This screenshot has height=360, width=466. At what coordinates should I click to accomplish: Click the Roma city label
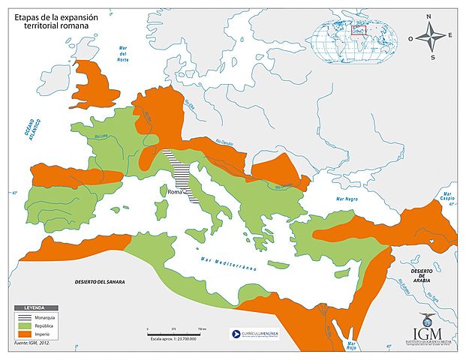pyautogui.click(x=175, y=192)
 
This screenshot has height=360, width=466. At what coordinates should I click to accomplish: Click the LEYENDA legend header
pyautogui.click(x=34, y=308)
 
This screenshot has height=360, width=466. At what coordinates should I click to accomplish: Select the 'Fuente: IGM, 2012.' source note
pyautogui.click(x=30, y=343)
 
